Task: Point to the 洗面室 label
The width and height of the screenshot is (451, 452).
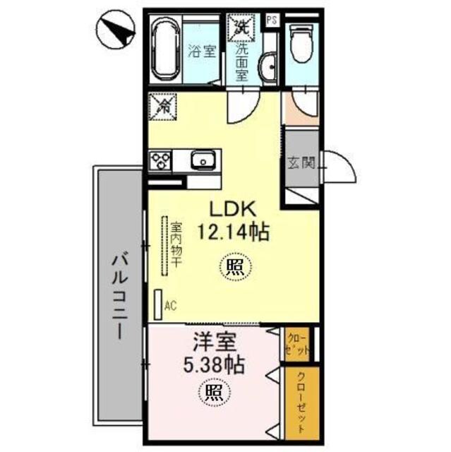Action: pos(241,62)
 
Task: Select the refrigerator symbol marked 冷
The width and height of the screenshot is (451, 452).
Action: pos(163,107)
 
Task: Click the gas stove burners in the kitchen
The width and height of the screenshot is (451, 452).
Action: pos(159,161)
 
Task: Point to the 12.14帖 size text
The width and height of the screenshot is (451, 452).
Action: pos(225,232)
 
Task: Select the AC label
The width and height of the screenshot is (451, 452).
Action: pos(169,305)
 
